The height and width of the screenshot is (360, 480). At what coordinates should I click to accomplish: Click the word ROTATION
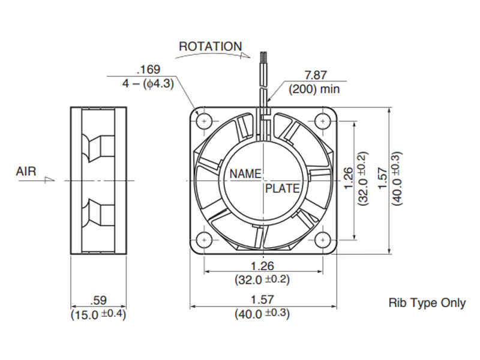(211, 47)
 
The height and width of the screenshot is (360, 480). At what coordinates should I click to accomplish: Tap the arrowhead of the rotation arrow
(245, 55)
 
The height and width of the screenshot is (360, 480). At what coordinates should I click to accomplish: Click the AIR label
(26, 171)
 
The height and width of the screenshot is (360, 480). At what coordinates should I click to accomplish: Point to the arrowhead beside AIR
(50, 179)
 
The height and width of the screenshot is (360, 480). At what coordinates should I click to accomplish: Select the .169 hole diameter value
(149, 70)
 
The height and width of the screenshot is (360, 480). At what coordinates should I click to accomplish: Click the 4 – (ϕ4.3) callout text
(148, 83)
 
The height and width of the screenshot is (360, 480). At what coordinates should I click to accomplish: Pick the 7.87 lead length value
(316, 75)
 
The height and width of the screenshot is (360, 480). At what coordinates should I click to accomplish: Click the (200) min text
(314, 89)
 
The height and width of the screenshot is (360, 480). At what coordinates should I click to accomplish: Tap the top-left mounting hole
(204, 121)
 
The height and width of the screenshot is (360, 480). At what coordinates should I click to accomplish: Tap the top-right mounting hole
(322, 121)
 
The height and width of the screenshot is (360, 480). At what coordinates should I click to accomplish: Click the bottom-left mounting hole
(204, 239)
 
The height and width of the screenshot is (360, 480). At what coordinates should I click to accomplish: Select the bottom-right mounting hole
(322, 239)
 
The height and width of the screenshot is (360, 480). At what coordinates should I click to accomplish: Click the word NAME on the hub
(245, 174)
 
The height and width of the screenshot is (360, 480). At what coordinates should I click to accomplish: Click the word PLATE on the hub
(282, 188)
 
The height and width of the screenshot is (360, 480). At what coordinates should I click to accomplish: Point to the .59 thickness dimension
(98, 301)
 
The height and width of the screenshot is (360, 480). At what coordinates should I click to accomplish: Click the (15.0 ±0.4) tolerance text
(98, 314)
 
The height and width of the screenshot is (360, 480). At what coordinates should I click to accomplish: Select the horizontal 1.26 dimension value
(263, 266)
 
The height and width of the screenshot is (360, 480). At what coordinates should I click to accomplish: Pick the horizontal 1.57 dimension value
(263, 299)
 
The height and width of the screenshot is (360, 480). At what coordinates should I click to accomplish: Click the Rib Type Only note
(427, 303)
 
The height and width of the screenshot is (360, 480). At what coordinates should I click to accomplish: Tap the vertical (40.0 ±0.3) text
(397, 178)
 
